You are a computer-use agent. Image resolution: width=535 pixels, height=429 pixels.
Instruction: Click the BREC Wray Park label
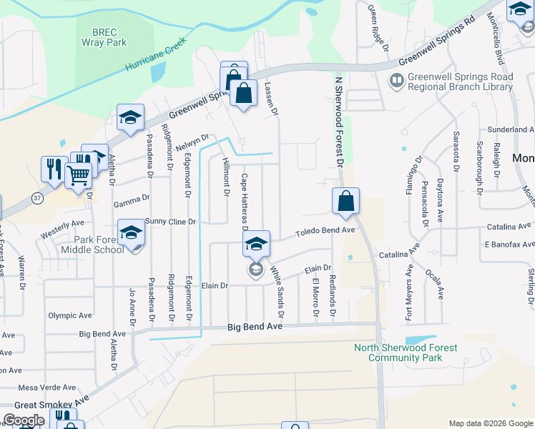109,37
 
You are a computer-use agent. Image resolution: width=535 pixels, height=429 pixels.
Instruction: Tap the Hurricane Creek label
156,54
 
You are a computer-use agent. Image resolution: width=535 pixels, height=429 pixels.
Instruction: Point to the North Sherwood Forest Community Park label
406,353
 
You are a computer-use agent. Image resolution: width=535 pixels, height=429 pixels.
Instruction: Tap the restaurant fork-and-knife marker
54,169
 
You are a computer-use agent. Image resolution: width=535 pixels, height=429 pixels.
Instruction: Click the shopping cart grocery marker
78,174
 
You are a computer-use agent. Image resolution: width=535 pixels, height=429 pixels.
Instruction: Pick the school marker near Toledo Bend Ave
256,244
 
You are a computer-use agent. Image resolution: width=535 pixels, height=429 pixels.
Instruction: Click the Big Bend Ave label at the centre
255,327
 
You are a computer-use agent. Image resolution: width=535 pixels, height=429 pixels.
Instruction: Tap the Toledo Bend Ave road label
326,232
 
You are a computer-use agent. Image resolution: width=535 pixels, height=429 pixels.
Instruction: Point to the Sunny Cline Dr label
170,222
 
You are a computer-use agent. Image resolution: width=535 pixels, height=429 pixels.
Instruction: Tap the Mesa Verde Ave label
47,388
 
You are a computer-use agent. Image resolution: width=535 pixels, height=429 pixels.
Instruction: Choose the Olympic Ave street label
70,315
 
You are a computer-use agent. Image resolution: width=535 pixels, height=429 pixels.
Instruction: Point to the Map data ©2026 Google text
490,423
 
